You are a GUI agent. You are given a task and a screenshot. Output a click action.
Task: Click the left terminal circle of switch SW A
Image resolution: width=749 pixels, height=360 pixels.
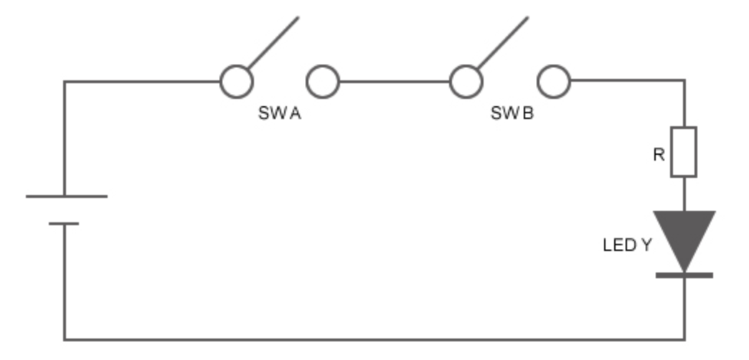[236, 82]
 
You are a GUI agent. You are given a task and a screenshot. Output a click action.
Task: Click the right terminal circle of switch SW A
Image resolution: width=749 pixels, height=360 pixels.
[323, 82]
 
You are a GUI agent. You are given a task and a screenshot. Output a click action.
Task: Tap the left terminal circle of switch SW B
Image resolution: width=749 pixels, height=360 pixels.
[466, 82]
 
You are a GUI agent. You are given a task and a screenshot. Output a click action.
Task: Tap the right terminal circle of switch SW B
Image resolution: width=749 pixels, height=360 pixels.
[554, 82]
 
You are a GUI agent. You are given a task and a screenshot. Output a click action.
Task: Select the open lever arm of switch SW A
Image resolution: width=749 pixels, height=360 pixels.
[273, 42]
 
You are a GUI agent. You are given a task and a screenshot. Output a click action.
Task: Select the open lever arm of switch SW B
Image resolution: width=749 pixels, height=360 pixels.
[503, 42]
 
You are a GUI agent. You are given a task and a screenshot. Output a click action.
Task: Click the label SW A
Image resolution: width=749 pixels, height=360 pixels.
[280, 113]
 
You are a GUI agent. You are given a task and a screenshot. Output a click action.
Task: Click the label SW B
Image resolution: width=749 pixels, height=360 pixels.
[512, 113]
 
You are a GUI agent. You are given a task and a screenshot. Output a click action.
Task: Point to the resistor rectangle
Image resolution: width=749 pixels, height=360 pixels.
[684, 152]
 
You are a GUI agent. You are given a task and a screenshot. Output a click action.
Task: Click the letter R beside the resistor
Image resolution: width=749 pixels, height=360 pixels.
[659, 154]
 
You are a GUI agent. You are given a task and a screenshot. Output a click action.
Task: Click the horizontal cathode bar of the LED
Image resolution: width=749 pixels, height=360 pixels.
[684, 275]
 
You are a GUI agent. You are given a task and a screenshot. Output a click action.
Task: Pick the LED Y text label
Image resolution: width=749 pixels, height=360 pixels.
[627, 245]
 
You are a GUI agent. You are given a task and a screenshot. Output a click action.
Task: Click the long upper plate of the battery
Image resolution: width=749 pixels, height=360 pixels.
[66, 196]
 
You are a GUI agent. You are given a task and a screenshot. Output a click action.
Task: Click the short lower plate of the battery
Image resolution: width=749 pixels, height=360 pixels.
[64, 224]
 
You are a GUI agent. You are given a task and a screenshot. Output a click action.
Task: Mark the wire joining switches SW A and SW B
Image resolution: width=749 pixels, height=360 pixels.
[395, 82]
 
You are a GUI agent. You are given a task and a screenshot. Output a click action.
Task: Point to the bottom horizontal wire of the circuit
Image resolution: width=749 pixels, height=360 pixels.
[373, 339]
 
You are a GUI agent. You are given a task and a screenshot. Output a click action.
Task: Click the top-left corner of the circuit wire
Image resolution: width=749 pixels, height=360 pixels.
[65, 82]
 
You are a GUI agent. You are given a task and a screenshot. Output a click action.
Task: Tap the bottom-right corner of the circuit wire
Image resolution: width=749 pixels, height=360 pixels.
[684, 339]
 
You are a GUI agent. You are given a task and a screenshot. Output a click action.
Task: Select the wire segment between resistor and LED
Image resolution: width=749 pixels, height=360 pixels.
[684, 194]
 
